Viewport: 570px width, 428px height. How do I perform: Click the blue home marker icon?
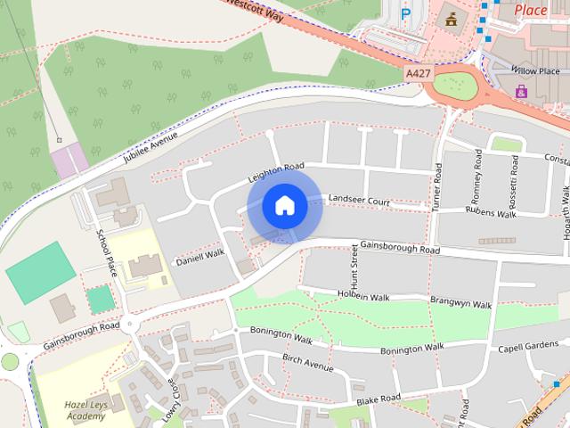284,205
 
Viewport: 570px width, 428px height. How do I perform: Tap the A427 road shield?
417,70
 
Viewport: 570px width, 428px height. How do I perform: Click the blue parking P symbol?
406,13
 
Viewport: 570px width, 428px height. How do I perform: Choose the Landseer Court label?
359,202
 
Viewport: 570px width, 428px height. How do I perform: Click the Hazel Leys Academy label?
85,409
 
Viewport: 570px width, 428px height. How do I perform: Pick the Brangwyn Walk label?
460,304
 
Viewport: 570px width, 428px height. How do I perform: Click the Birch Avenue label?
307,362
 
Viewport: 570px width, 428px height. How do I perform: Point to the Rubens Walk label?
491,214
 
